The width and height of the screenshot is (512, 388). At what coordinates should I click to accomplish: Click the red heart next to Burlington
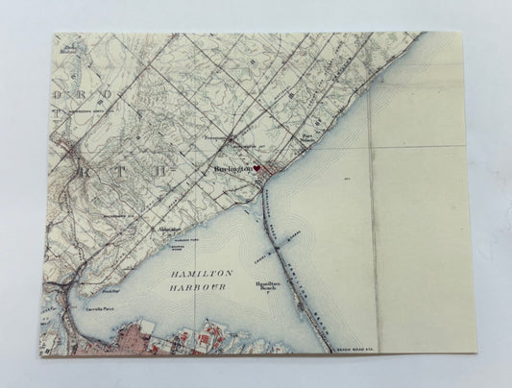click(257, 168)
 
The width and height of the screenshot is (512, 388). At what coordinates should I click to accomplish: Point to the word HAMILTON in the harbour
click(183, 274)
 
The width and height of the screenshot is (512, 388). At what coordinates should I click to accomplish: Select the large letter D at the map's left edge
click(57, 96)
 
